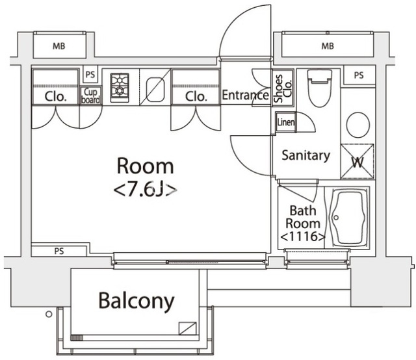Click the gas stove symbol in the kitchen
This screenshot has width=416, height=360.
[x=120, y=88]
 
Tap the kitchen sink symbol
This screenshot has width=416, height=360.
[x=155, y=90]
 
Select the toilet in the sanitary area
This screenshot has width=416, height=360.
[x=319, y=88]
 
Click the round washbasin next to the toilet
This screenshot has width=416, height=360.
[x=358, y=125]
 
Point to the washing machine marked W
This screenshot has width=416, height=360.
[x=357, y=161]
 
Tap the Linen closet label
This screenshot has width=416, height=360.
[x=286, y=122]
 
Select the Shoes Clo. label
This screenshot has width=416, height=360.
[x=283, y=88]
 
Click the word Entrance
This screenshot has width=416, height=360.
[x=245, y=95]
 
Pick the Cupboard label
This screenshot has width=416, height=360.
[x=91, y=96]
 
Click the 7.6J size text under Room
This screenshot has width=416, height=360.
[x=146, y=190]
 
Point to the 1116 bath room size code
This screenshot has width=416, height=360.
[x=303, y=237]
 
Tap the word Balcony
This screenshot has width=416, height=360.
[x=136, y=302]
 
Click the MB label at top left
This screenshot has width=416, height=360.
[x=59, y=46]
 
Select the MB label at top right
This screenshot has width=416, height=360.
[x=328, y=46]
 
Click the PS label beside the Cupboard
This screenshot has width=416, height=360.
[x=90, y=75]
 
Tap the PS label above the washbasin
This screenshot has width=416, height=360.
[x=359, y=75]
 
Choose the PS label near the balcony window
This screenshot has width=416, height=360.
[x=59, y=251]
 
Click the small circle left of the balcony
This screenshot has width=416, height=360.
[x=49, y=315]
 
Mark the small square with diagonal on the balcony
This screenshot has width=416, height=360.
[x=188, y=328]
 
